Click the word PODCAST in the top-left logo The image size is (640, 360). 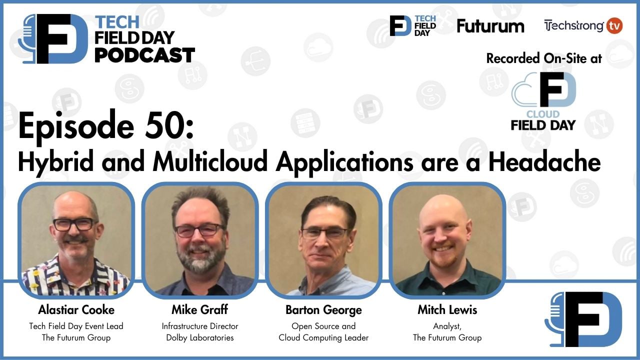(x=144, y=54)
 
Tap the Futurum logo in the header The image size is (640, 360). (x=490, y=26)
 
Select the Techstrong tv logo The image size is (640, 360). (x=583, y=25)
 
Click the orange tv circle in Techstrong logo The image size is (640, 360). (x=614, y=25)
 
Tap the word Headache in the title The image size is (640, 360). (x=544, y=162)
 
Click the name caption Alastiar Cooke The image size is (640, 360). (x=76, y=310)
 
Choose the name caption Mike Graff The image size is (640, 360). (x=199, y=310)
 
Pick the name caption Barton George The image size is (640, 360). (x=323, y=310)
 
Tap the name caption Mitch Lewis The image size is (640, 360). (x=447, y=310)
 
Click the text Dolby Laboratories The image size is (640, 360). (x=200, y=337)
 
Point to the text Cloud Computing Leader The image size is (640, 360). (x=323, y=337)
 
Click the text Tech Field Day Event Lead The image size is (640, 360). (x=76, y=326)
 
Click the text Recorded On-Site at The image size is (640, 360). (x=544, y=58)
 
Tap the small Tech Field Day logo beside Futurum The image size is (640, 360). (x=413, y=25)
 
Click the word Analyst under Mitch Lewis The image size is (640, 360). (x=447, y=326)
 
